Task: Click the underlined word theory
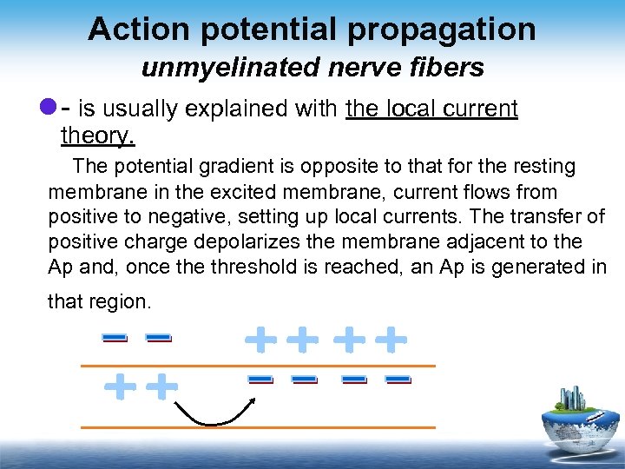[98, 135]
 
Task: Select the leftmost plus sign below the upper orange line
[119, 386]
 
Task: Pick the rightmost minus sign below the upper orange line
[397, 379]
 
